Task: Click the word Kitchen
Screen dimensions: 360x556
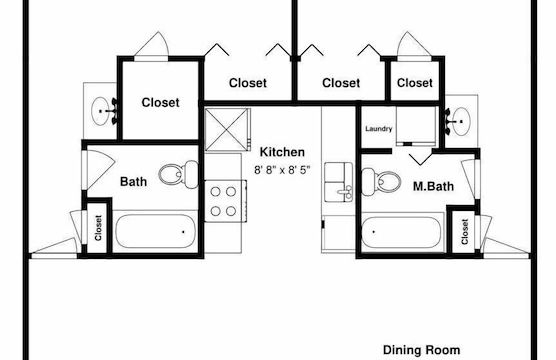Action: click(x=281, y=151)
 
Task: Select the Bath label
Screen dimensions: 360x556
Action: click(x=134, y=182)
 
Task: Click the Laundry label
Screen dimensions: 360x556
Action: click(x=378, y=128)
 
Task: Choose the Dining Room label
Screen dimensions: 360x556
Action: click(x=422, y=350)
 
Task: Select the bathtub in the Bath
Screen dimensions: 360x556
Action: click(x=153, y=232)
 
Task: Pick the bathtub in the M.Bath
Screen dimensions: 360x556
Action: click(x=400, y=234)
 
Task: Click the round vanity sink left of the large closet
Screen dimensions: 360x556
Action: click(x=101, y=112)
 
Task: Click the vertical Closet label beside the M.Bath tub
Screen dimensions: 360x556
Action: click(x=465, y=232)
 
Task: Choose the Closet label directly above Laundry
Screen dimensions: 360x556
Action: click(x=414, y=83)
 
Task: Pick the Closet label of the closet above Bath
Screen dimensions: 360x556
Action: click(x=160, y=102)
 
